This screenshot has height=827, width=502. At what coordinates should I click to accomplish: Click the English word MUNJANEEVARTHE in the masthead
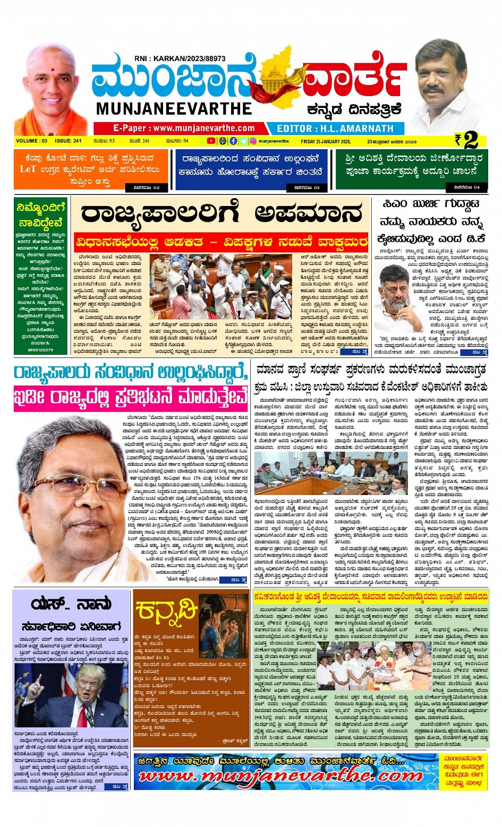pyautogui.click(x=174, y=109)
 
